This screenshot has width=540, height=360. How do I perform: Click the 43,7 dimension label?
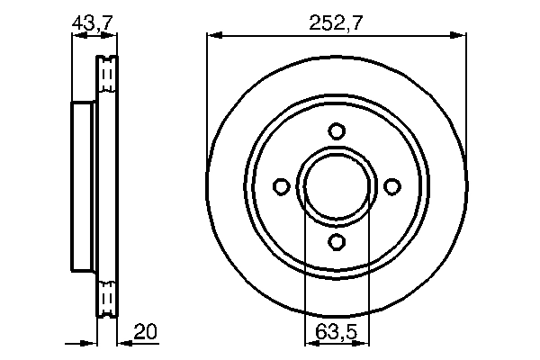pyautogui.click(x=94, y=24)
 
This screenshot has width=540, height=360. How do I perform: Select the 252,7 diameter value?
pyautogui.click(x=337, y=24)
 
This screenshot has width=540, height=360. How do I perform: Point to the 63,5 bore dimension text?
pyautogui.click(x=337, y=331)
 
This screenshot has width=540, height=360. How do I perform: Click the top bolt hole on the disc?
pyautogui.click(x=337, y=130)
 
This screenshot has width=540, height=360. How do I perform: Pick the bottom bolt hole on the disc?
pyautogui.click(x=337, y=241)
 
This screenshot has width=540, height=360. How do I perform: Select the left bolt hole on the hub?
pyautogui.click(x=281, y=186)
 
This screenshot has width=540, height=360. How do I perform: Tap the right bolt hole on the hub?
pyautogui.click(x=391, y=186)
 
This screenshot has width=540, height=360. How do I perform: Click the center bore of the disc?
pyautogui.click(x=337, y=186)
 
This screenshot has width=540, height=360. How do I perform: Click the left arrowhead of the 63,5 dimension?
pyautogui.click(x=310, y=343)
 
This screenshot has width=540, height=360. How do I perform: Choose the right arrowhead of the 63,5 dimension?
pyautogui.click(x=363, y=343)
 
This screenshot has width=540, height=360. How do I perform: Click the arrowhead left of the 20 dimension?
pyautogui.click(x=89, y=343)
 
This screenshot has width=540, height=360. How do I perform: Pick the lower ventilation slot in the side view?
pyautogui.click(x=106, y=297)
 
